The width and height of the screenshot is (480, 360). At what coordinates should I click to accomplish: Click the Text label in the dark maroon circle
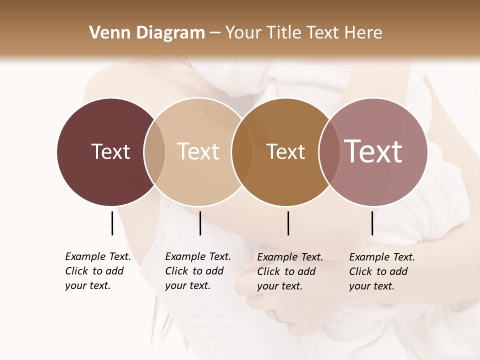point(110,151)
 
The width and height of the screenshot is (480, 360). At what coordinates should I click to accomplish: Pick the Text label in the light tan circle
point(198,151)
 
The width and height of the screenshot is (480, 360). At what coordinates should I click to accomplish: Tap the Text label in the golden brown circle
point(285,151)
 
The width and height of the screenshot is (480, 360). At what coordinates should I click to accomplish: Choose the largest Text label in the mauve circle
point(373,151)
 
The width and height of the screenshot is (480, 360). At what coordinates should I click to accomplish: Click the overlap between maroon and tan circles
point(154,151)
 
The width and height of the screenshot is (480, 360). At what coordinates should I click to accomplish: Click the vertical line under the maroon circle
point(112,223)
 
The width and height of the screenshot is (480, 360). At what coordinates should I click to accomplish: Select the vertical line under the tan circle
point(200,223)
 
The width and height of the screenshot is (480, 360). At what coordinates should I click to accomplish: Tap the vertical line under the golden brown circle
point(288,223)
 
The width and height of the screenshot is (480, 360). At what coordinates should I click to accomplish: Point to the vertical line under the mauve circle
point(372,223)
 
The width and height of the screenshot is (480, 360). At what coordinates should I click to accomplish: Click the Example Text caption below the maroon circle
point(97,271)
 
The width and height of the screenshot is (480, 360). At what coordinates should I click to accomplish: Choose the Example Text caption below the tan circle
point(197,271)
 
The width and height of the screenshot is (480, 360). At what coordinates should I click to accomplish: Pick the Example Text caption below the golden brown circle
point(289,271)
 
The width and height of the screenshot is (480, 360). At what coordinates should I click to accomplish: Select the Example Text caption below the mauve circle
point(381,271)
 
